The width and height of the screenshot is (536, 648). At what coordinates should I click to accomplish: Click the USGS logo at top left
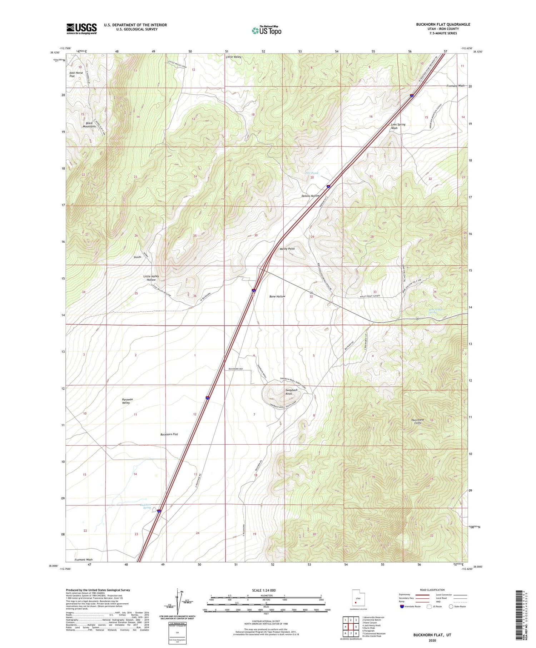coord(81,29)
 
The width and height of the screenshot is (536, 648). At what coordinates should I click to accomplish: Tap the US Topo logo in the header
coord(267,30)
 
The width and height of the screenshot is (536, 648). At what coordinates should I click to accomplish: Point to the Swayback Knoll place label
coord(292,392)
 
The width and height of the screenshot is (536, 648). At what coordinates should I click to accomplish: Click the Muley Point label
coord(287,249)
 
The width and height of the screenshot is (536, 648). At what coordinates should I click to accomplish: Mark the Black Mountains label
coord(89,125)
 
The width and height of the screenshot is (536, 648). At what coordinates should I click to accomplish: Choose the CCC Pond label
coord(311,173)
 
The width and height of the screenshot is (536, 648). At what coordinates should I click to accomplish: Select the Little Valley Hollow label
coord(151,278)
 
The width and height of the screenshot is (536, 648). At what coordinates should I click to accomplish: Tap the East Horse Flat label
coord(76,74)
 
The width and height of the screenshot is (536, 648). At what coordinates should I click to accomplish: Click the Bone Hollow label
coord(277,296)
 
